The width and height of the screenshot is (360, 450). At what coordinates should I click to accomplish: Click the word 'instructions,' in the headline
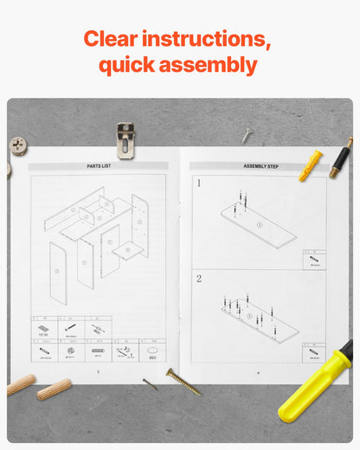point(207,40)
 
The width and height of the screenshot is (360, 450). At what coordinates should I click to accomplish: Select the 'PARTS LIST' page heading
point(98,165)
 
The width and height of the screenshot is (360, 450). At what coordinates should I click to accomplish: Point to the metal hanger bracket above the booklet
point(125,140)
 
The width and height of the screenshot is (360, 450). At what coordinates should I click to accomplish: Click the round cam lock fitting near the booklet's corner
point(17,145)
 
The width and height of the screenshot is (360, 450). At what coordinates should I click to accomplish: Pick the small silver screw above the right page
point(247,135)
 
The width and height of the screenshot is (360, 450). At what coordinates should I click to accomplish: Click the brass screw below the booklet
point(183,381)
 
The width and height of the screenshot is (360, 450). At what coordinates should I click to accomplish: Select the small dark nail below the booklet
point(150,383)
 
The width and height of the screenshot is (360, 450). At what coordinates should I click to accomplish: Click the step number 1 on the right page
point(198,183)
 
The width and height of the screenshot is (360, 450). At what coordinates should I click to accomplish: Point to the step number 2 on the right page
point(198,279)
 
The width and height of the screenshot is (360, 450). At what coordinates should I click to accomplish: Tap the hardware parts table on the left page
point(98,340)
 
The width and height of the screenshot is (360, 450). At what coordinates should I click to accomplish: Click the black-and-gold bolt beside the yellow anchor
point(340,158)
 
